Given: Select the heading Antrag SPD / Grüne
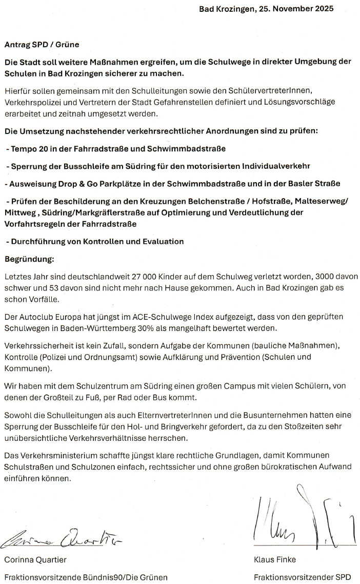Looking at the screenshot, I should click(x=42, y=45).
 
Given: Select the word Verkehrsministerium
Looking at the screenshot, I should click(x=57, y=455).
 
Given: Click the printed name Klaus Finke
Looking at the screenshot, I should click(x=274, y=559).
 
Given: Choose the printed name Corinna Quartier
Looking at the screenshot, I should click(x=35, y=559).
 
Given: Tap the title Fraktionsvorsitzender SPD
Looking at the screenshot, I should click(x=303, y=577).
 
